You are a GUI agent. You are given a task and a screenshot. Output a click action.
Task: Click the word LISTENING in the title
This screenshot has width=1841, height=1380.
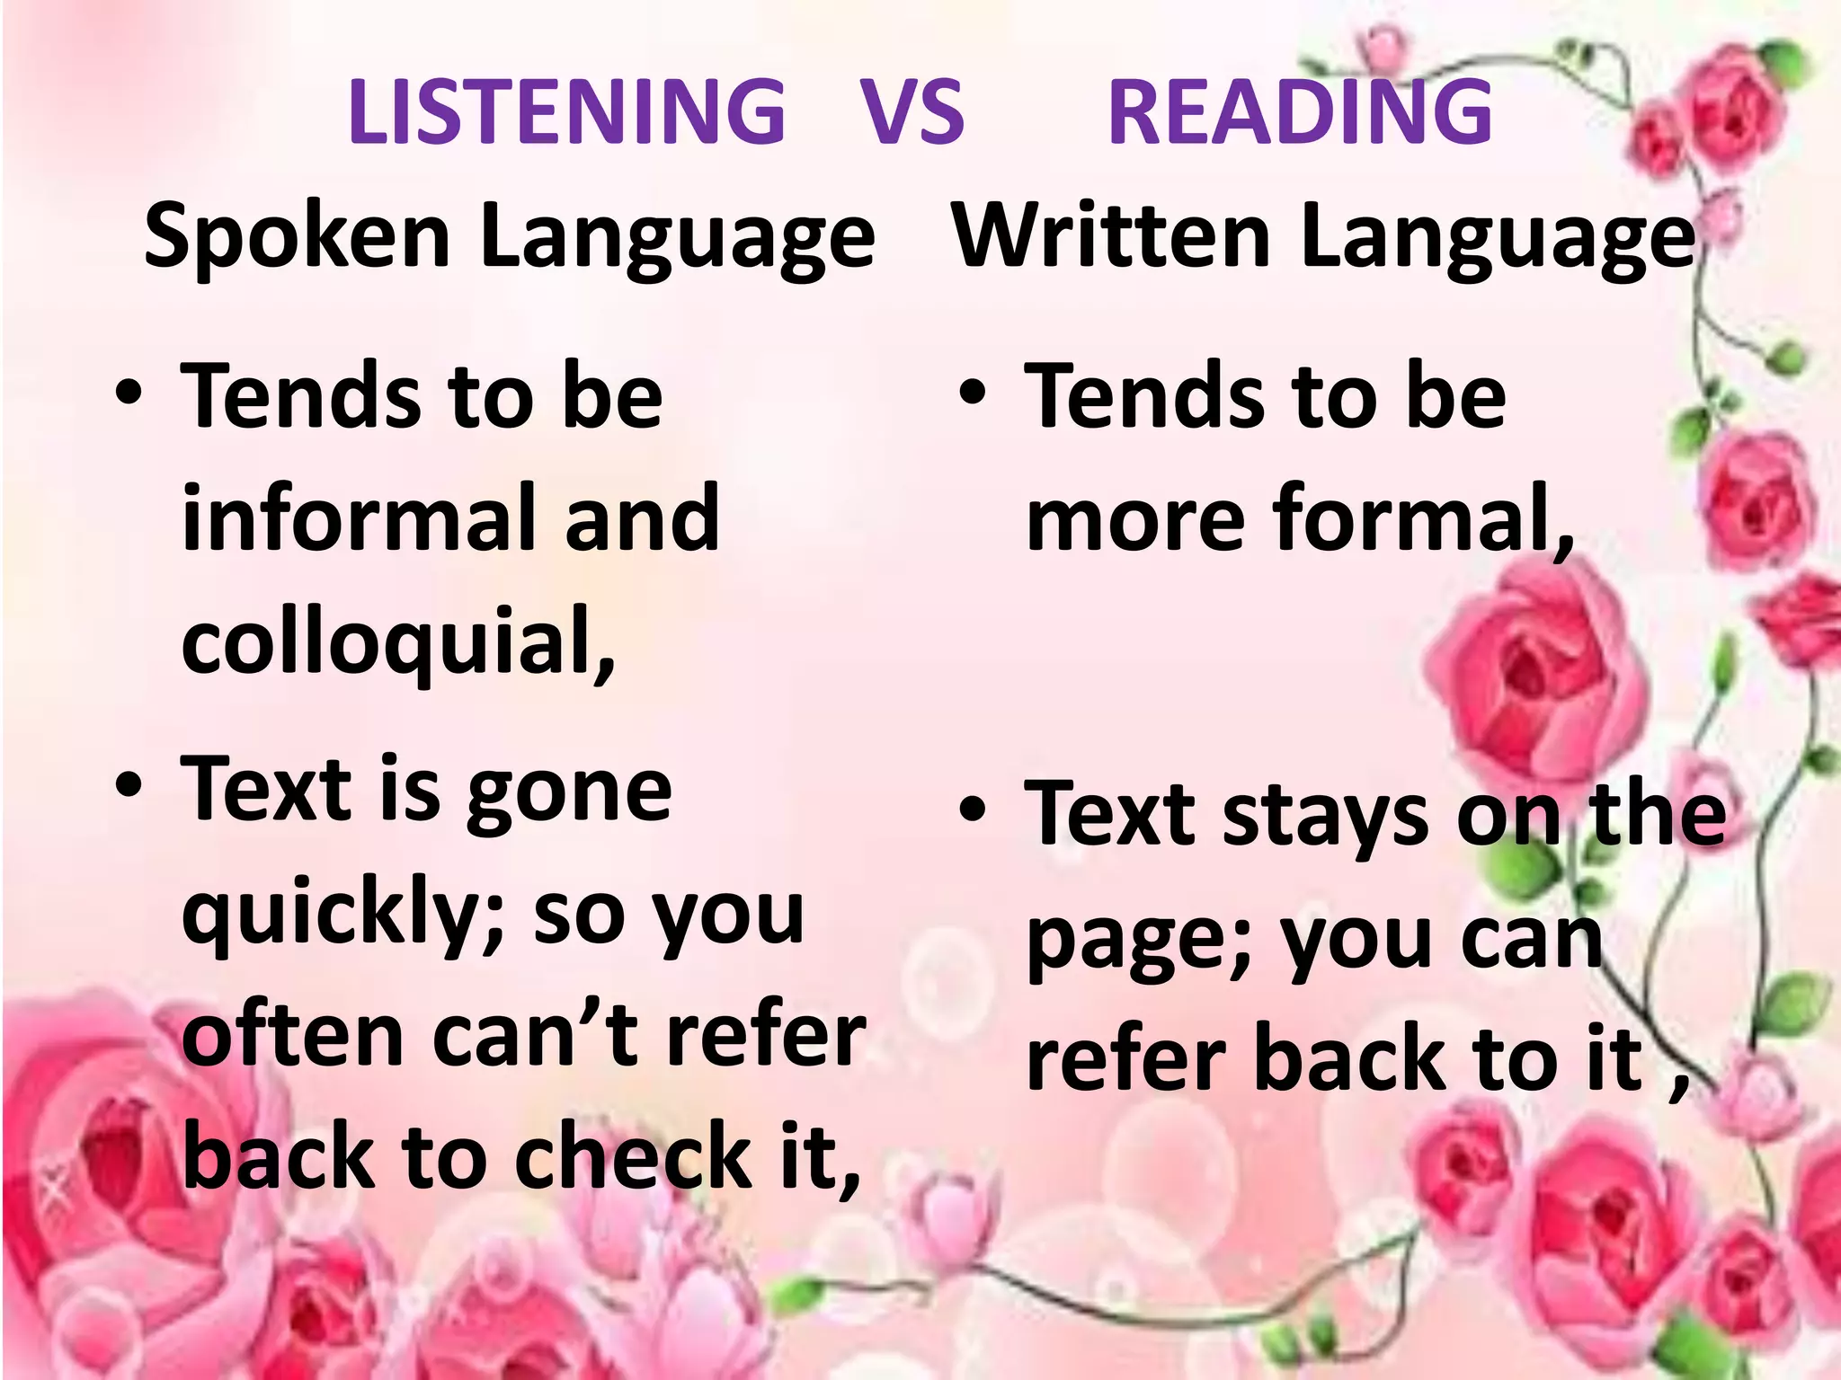click(x=566, y=111)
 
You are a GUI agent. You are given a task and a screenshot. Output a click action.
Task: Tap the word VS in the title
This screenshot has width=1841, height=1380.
click(x=912, y=111)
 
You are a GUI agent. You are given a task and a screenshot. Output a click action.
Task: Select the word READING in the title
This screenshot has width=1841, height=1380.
click(x=1300, y=111)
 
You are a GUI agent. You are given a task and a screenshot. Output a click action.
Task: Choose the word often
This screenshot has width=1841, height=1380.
click(x=292, y=1037)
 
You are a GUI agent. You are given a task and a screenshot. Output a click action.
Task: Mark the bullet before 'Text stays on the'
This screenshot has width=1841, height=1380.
click(x=972, y=809)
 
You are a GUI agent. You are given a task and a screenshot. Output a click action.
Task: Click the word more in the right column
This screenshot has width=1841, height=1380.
click(x=1135, y=519)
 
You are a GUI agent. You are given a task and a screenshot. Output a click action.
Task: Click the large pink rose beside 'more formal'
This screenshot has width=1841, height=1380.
click(x=1537, y=665)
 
